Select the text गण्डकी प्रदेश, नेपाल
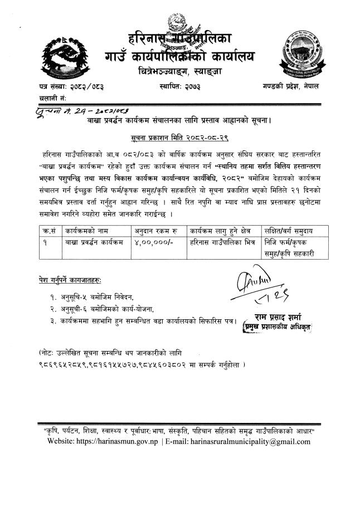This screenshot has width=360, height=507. pyautogui.click(x=302, y=87)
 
